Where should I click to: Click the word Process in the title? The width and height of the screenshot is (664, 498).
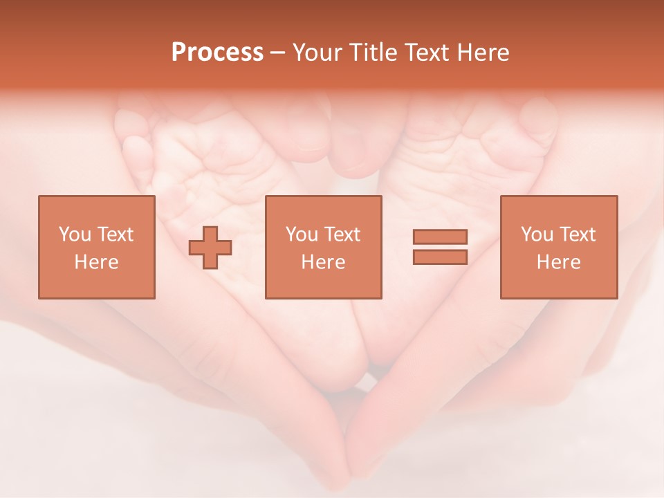217,53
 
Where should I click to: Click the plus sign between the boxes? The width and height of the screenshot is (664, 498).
210,248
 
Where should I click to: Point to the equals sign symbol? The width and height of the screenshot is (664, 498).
440,247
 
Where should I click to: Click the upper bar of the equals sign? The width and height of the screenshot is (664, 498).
440,237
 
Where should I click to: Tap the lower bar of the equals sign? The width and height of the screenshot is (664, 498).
440,257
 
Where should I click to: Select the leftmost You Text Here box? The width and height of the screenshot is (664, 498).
97,247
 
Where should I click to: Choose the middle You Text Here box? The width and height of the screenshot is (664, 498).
323,247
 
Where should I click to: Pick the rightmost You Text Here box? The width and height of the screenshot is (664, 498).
559,247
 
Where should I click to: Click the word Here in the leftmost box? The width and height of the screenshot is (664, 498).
97,262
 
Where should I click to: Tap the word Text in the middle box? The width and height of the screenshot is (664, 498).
341,234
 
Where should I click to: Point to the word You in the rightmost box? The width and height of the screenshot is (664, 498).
537,234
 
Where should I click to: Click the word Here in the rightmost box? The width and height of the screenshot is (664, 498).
559,262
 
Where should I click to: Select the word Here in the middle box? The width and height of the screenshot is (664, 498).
323,262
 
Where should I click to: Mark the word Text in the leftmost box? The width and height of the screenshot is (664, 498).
114,234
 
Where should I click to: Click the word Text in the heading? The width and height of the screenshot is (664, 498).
427,53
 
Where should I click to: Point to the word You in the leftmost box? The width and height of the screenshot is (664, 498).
75,234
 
